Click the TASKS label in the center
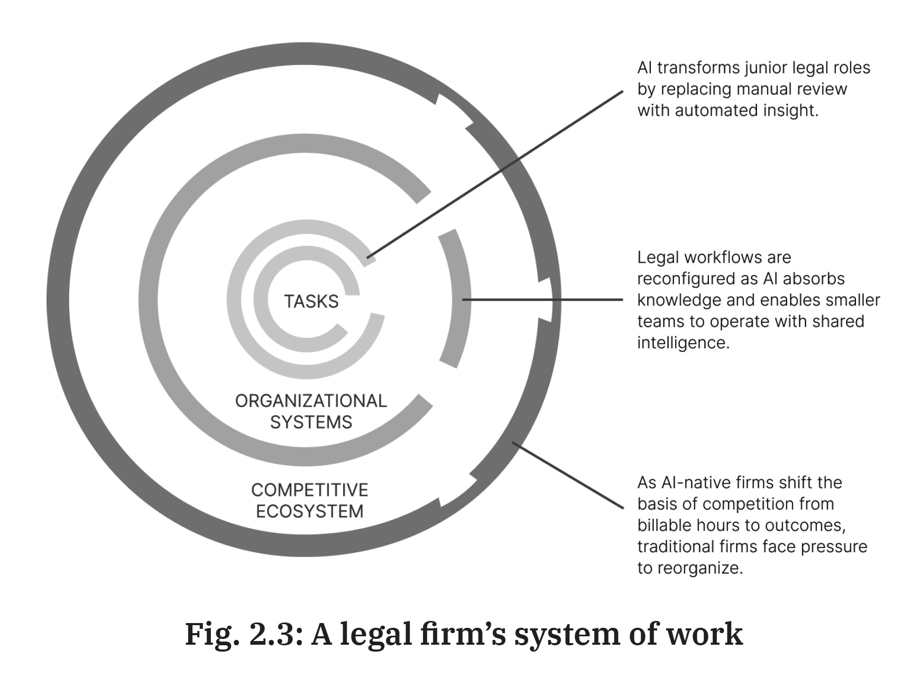311,301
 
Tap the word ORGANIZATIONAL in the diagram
311,401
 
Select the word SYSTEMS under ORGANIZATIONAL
311,422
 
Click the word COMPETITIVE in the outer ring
310,490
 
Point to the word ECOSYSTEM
310,512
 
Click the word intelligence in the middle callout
683,342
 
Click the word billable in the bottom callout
665,525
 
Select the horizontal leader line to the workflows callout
545,300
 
